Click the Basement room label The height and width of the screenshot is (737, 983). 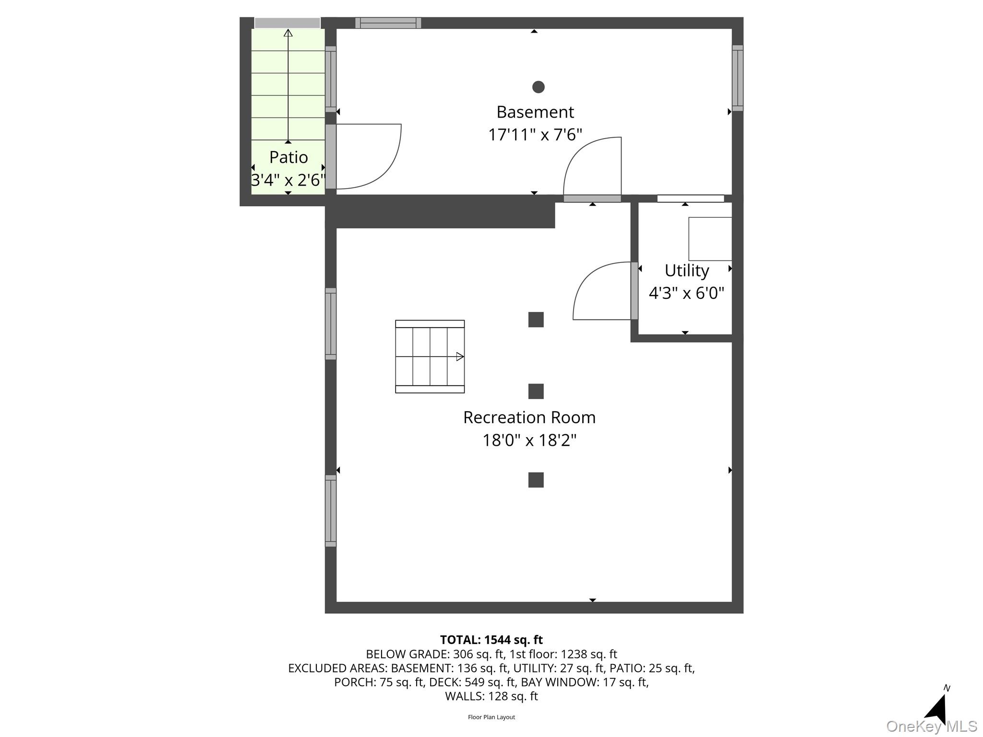[x=535, y=112]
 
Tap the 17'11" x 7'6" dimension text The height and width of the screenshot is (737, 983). [x=535, y=134]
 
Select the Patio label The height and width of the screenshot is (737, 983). [x=288, y=157]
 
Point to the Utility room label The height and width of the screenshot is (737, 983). [x=686, y=270]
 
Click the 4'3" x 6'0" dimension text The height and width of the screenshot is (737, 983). [x=686, y=293]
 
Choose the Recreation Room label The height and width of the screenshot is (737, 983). [x=529, y=417]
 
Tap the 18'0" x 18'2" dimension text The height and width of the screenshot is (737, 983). [x=529, y=440]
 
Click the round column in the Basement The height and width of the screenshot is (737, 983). [x=538, y=87]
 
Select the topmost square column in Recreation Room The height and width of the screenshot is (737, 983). [x=536, y=320]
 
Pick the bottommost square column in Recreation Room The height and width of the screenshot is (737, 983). [x=536, y=480]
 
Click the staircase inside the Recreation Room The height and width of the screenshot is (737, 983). [x=430, y=357]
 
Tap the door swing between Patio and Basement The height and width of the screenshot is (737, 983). [x=367, y=156]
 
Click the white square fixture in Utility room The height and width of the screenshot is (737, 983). [x=710, y=239]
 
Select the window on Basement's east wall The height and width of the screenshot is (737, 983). [x=737, y=78]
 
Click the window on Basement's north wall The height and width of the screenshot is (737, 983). [x=388, y=23]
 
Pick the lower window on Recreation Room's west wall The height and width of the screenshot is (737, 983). [x=331, y=511]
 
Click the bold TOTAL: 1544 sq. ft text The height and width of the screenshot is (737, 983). [x=491, y=640]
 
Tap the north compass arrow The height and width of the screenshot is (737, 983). [x=937, y=707]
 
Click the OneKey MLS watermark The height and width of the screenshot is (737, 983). [x=931, y=726]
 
